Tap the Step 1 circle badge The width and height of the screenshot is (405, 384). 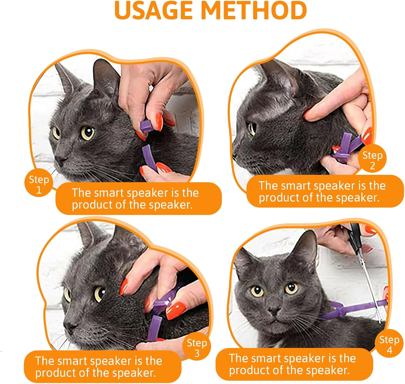pos(39,184)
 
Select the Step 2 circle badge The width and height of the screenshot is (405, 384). pos(372,160)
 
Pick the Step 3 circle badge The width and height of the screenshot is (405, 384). pos(197,348)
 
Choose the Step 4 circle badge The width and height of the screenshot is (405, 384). pos(389,344)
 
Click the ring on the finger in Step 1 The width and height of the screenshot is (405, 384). pos(151,88)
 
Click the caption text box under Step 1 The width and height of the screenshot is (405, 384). pos(138,199)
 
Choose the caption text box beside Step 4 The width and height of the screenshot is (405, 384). pos(294,364)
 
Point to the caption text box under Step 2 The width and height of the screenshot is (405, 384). pos(324,191)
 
